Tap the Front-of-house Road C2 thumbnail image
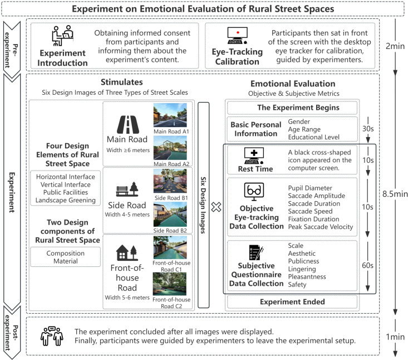170,283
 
